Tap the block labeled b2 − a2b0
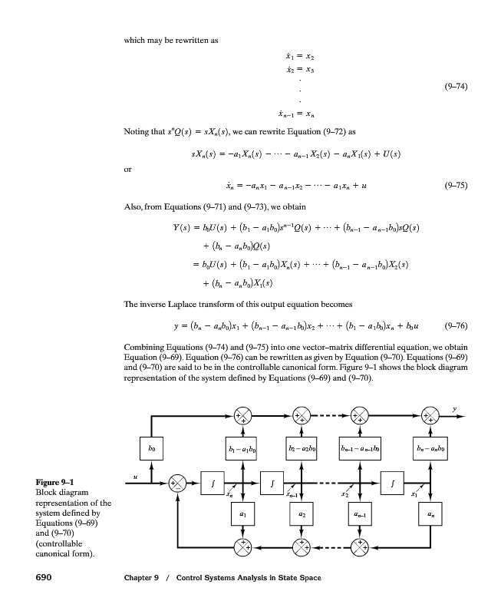(x=302, y=444)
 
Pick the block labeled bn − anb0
(x=430, y=444)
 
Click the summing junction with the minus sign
(x=178, y=483)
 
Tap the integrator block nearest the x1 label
(x=393, y=483)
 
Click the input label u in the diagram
(x=135, y=476)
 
